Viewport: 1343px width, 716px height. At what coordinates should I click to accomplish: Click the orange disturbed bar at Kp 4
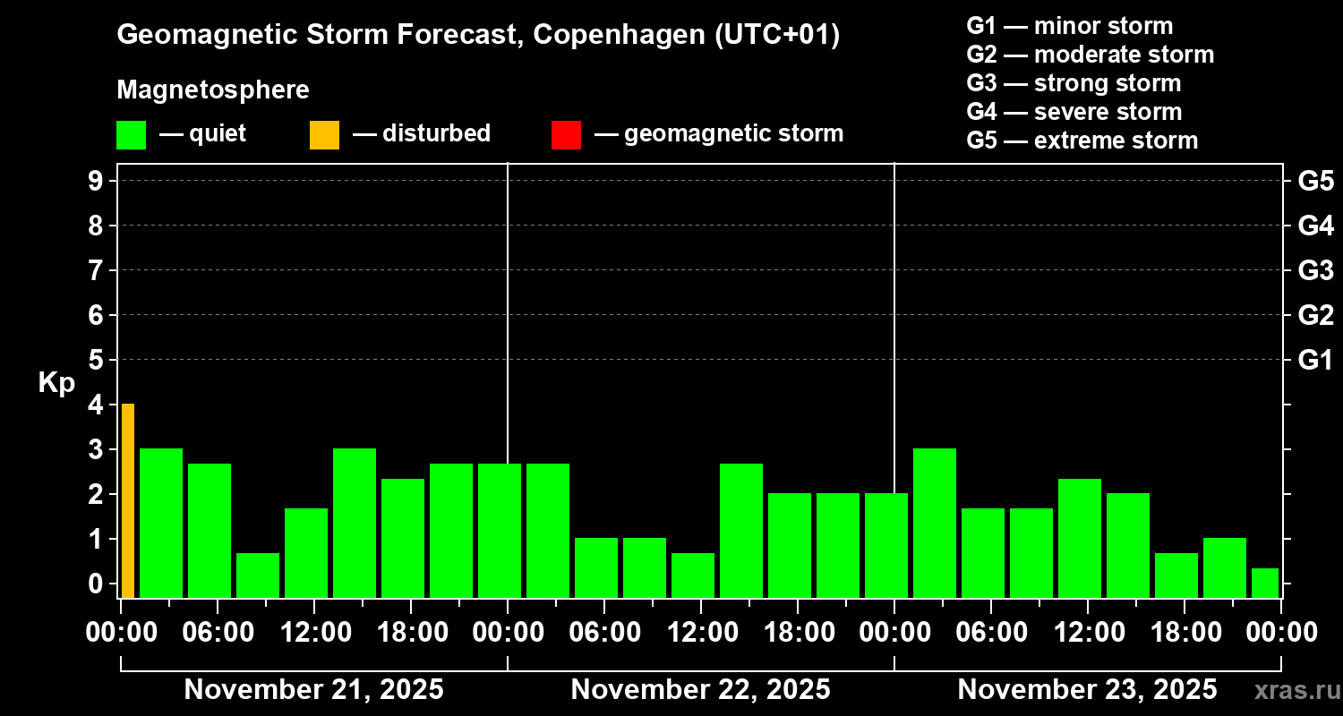click(128, 499)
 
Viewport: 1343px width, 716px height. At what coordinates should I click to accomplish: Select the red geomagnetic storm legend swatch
click(566, 135)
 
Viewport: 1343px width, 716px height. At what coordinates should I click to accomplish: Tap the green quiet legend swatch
click(131, 135)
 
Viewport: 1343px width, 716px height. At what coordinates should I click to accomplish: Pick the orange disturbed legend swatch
click(324, 135)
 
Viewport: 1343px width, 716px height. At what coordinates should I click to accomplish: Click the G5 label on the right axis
click(1315, 182)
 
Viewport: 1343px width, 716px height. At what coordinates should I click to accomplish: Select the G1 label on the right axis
click(1315, 361)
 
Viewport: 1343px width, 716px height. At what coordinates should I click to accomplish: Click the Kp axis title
click(56, 383)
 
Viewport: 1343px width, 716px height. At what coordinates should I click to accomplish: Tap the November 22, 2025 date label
click(700, 690)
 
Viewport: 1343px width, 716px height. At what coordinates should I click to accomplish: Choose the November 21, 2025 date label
click(313, 690)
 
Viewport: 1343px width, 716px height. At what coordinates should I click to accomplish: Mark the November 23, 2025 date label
click(1087, 690)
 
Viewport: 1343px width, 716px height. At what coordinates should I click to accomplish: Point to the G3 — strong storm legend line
click(1074, 83)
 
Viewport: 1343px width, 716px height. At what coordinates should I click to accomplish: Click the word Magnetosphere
click(213, 90)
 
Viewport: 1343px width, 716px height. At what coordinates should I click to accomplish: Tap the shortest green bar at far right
click(1264, 583)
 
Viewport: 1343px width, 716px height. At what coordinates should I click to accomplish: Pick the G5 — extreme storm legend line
click(1082, 141)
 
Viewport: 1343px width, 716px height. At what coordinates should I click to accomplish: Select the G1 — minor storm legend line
click(1069, 26)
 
